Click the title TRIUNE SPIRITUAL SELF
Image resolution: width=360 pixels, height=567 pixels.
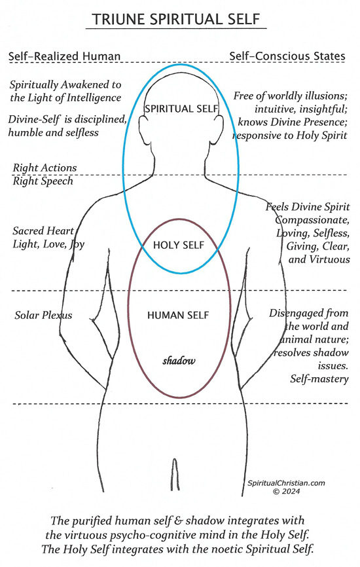click(175, 19)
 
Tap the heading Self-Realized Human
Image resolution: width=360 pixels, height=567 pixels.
click(64, 56)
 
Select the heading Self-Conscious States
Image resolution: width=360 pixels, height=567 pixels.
click(287, 56)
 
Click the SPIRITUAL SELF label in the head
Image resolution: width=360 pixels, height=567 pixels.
click(181, 109)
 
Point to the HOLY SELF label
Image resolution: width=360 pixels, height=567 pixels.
click(179, 245)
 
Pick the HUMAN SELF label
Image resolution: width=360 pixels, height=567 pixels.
click(178, 316)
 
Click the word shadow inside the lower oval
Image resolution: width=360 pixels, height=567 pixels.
click(179, 361)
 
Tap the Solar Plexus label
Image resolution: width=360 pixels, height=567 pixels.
click(43, 316)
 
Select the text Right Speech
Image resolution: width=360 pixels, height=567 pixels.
click(43, 181)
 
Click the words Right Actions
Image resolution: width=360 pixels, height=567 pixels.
click(45, 168)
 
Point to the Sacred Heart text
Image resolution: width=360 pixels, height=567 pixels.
click(43, 230)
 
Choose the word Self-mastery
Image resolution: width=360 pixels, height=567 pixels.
click(319, 379)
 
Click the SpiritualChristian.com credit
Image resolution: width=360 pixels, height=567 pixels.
click(286, 483)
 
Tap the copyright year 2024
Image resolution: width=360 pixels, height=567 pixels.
click(291, 492)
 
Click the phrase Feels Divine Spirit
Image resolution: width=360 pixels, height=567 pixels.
click(308, 207)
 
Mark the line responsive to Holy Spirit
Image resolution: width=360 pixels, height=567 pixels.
click(289, 136)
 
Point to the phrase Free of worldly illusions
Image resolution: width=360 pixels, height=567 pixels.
click(290, 96)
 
